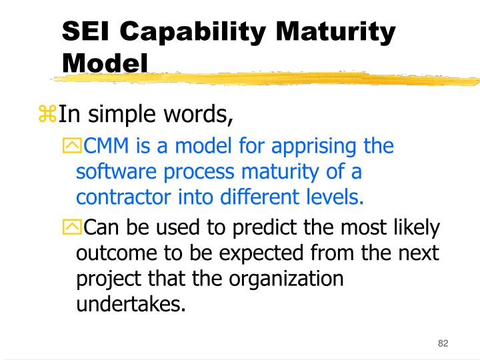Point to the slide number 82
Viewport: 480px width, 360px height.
click(443, 343)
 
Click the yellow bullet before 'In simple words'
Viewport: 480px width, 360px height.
click(48, 115)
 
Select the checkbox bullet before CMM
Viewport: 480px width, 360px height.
click(71, 146)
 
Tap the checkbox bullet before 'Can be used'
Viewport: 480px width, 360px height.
click(71, 229)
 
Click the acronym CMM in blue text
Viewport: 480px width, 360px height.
click(101, 146)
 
